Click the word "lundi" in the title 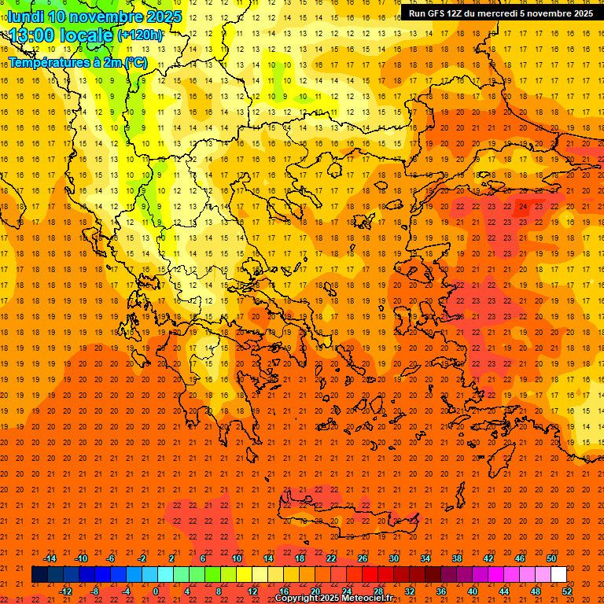point(24,17)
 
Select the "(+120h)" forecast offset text point(141,35)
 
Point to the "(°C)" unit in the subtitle point(134,62)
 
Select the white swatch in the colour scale point(558,575)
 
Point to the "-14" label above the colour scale point(50,558)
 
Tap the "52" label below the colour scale point(567,591)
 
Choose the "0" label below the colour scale point(156,591)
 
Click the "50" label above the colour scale point(551,558)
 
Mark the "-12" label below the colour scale point(65,591)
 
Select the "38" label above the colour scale point(457,558)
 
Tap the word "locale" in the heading point(86,35)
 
